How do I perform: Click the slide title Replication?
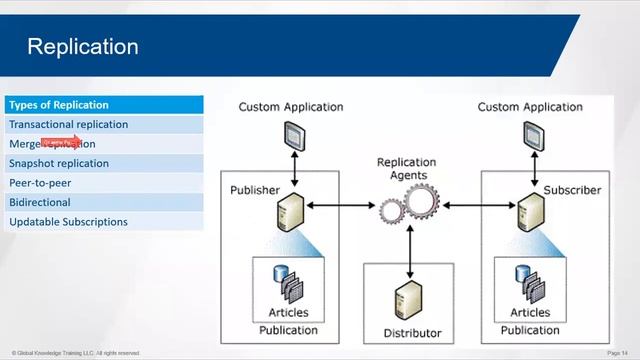[83, 47]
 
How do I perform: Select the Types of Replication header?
[59, 105]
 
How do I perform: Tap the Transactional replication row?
[68, 125]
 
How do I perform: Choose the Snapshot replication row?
[59, 164]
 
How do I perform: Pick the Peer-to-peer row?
[40, 183]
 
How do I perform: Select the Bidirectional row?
[40, 202]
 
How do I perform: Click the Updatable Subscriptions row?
[68, 222]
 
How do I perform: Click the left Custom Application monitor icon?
[294, 133]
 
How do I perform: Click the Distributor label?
[412, 333]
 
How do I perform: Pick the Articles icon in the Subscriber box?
[528, 282]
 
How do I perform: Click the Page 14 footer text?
[620, 353]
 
